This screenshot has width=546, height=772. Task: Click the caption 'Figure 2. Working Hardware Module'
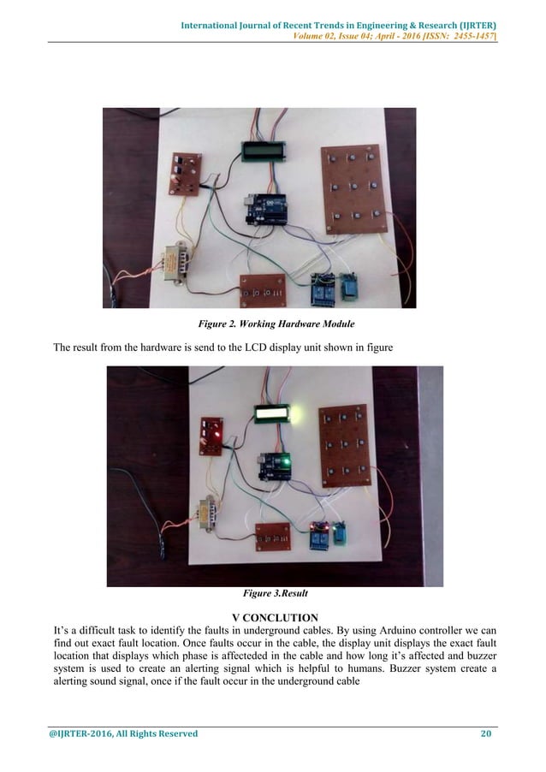click(x=273, y=324)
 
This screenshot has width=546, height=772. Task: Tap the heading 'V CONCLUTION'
click(x=275, y=617)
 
